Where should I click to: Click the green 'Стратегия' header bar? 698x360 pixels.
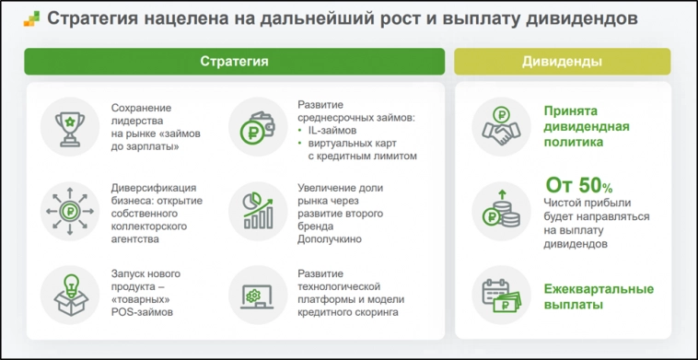[x=234, y=61]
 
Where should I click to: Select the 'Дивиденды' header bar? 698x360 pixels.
[x=562, y=61]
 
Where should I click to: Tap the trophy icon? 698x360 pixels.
[x=68, y=125]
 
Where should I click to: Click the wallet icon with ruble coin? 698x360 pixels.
[x=254, y=125]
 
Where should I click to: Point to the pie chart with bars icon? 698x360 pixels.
[x=255, y=211]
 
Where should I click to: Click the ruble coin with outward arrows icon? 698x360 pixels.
[x=68, y=211]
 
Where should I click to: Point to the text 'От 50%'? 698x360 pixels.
[x=578, y=184]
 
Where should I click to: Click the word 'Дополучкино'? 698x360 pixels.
[x=330, y=239]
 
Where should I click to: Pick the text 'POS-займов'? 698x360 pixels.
[x=142, y=312]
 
